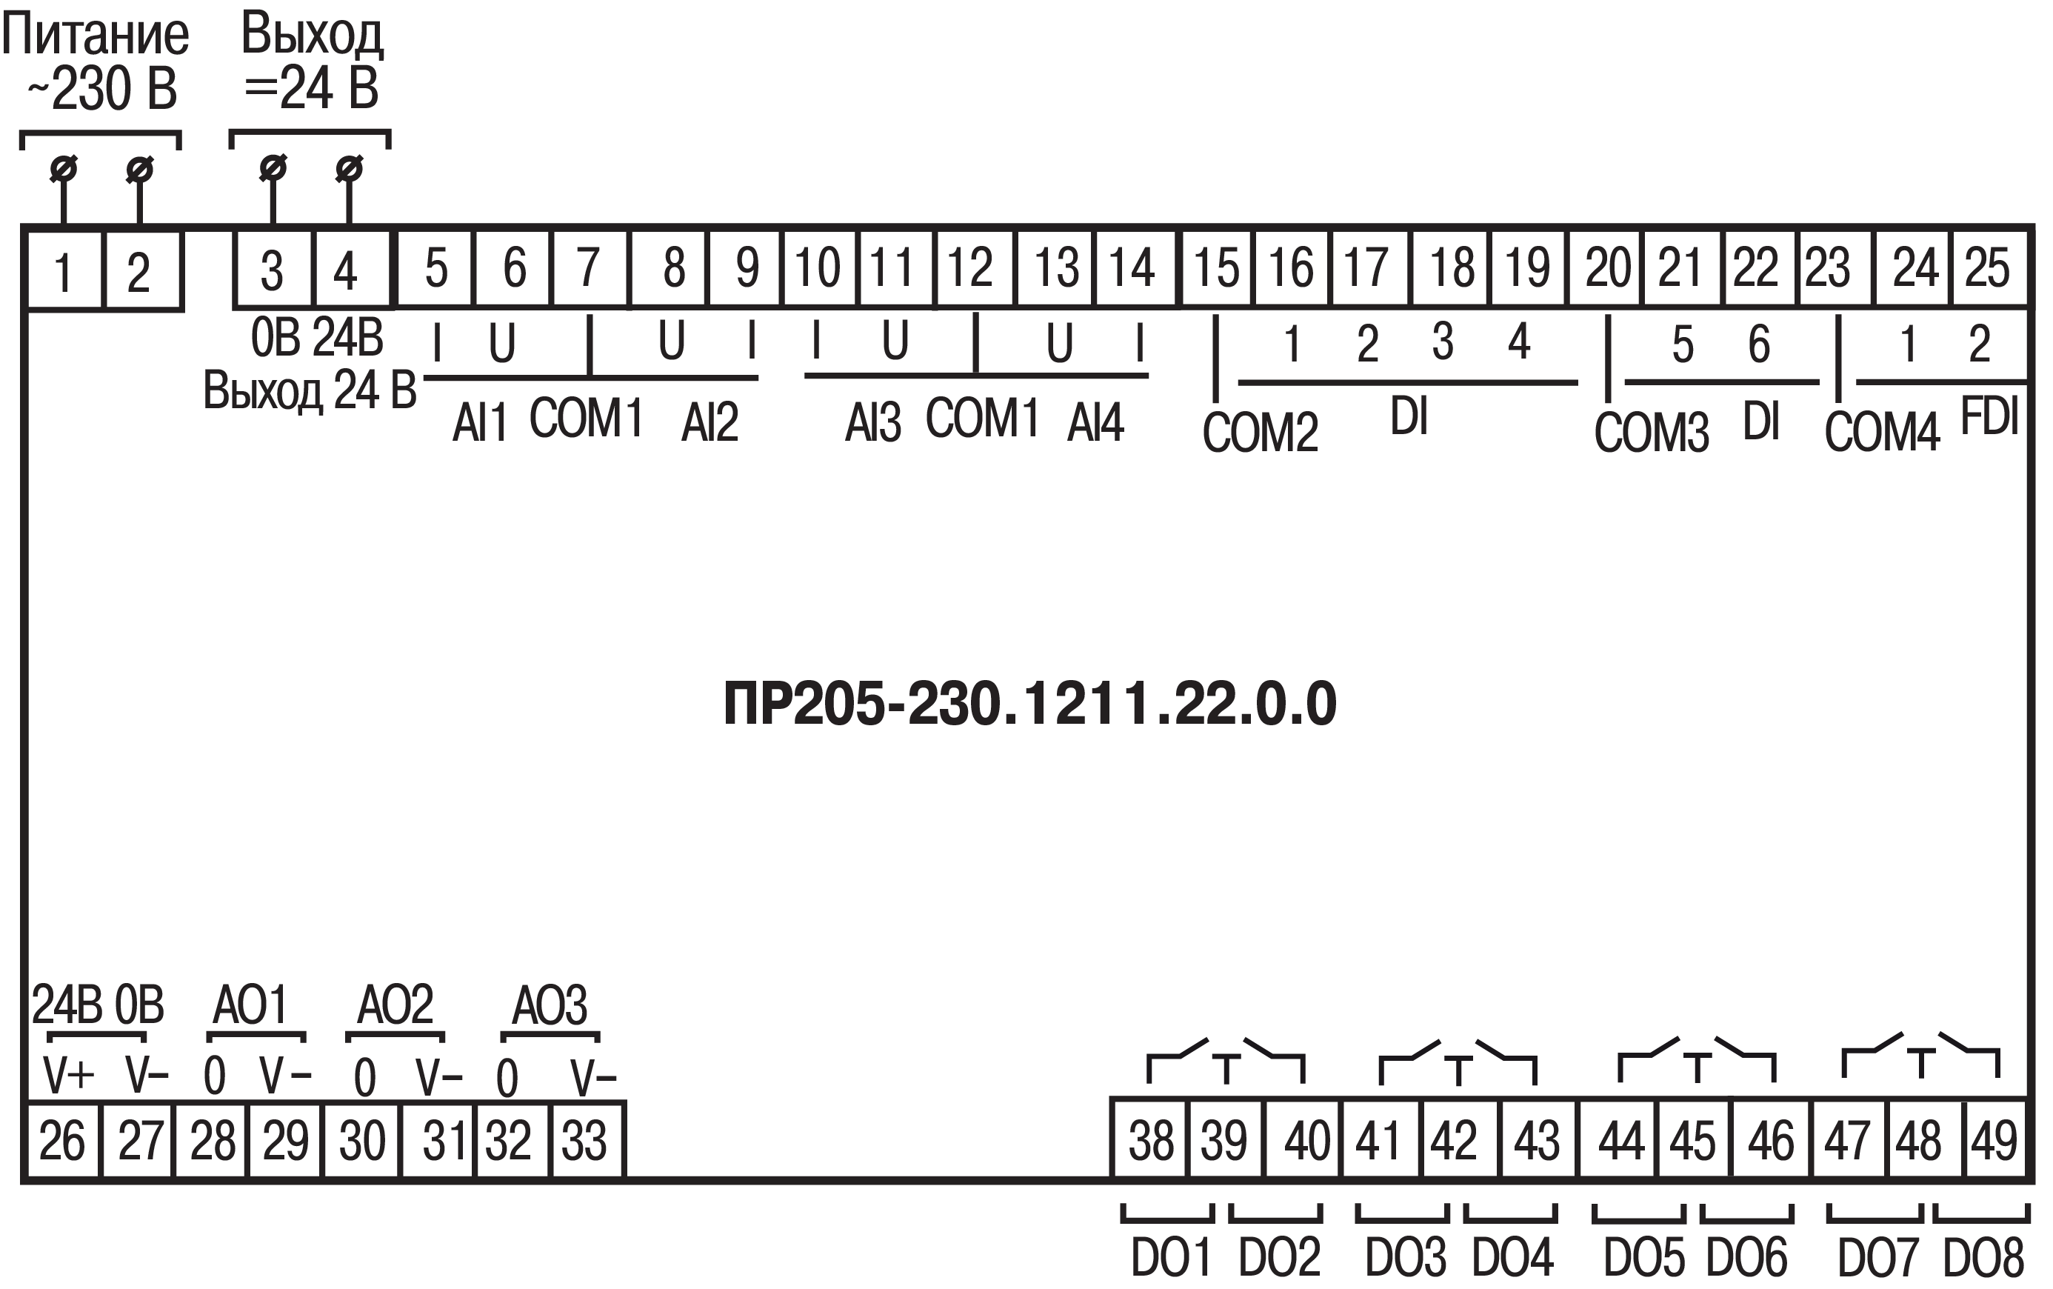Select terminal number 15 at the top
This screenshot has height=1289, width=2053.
tap(1216, 267)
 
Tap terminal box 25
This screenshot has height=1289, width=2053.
tap(1987, 267)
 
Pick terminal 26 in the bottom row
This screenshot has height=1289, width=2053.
tap(62, 1141)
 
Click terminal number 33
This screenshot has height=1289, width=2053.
tap(584, 1141)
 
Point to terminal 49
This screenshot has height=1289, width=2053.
tap(1994, 1141)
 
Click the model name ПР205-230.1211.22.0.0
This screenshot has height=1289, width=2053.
tap(1029, 705)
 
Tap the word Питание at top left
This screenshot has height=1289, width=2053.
tap(96, 36)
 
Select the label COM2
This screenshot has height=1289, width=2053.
tap(1261, 431)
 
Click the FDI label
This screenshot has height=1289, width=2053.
tap(1989, 417)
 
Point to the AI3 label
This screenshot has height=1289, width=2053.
tap(872, 423)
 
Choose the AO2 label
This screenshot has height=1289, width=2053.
tap(395, 1005)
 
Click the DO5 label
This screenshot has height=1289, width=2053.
tap(1644, 1256)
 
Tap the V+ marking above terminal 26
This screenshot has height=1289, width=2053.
tap(68, 1076)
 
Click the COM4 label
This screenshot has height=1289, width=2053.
tap(1882, 431)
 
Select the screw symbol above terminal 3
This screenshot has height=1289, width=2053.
tap(273, 169)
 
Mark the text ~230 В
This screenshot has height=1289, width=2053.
tap(102, 89)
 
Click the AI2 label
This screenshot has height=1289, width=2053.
tap(709, 423)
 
